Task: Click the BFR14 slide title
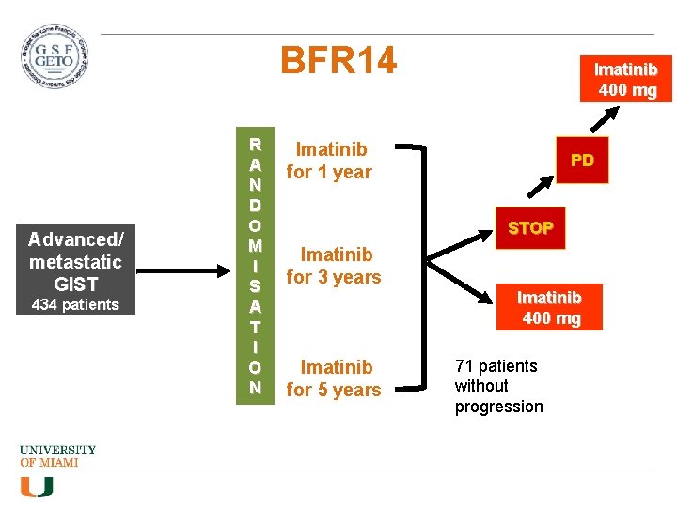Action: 338,62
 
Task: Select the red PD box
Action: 582,161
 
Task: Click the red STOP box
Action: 530,228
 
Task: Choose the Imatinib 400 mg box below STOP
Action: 551,308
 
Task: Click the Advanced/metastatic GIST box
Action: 75,260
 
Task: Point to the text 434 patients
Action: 75,304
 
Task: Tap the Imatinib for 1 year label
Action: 330,160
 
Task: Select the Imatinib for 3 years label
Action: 334,265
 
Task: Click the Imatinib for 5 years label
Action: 334,377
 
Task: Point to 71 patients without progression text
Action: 498,386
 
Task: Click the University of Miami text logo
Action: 57,456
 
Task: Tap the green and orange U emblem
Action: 37,485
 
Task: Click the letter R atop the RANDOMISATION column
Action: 255,145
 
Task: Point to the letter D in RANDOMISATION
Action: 255,205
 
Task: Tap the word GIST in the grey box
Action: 75,284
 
